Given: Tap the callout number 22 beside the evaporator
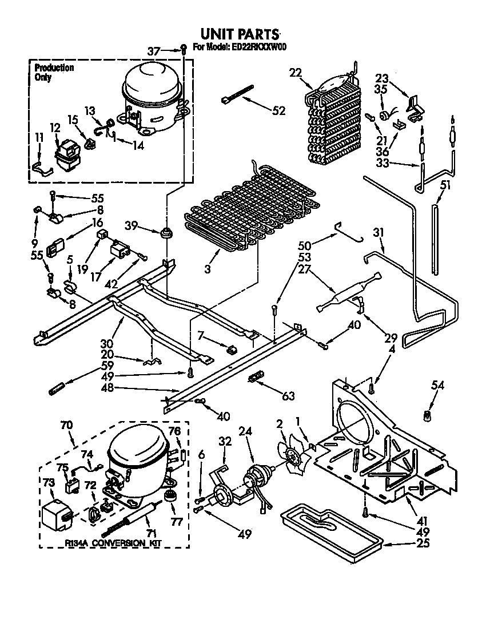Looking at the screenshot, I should (x=295, y=73).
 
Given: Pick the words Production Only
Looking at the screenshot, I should (x=53, y=72).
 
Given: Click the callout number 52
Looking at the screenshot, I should (x=278, y=111).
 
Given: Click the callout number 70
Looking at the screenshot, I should (x=67, y=425).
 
